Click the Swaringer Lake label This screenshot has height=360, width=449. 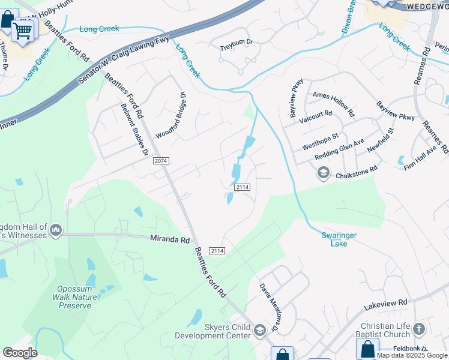pyautogui.click(x=339, y=239)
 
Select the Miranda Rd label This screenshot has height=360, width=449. pyautogui.click(x=169, y=238)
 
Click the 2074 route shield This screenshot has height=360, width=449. pyautogui.click(x=161, y=161)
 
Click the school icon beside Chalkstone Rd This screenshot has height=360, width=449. pyautogui.click(x=324, y=173)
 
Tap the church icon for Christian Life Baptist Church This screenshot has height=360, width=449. pyautogui.click(x=419, y=328)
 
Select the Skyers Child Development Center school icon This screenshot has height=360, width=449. pyautogui.click(x=260, y=330)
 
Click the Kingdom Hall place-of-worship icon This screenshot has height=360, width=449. pyautogui.click(x=56, y=230)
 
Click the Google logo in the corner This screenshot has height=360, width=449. pyautogui.click(x=20, y=353)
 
